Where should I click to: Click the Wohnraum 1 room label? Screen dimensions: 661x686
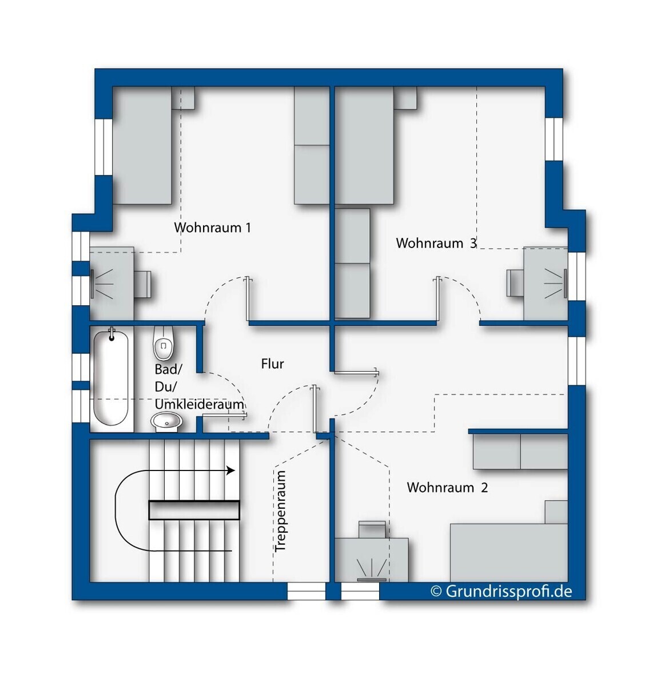click(x=213, y=228)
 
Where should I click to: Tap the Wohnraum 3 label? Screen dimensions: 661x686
click(x=436, y=243)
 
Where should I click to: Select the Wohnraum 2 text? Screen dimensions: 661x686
click(x=447, y=488)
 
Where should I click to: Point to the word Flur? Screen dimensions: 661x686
click(x=273, y=364)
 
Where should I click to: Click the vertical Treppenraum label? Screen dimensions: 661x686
click(x=280, y=511)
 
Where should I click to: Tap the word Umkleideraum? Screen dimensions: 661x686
click(x=199, y=404)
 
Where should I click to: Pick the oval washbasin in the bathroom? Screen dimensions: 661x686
click(x=166, y=421)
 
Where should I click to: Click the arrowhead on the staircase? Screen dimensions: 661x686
click(x=231, y=470)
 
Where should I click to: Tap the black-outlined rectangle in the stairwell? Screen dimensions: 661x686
click(x=194, y=510)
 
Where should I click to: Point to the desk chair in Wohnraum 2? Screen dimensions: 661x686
click(x=372, y=529)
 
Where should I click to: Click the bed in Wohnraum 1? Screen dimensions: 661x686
click(x=142, y=145)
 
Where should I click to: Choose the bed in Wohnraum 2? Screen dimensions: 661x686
click(x=509, y=552)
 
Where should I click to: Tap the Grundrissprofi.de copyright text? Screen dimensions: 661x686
click(x=501, y=591)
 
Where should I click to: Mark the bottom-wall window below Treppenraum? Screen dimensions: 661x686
click(x=306, y=591)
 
